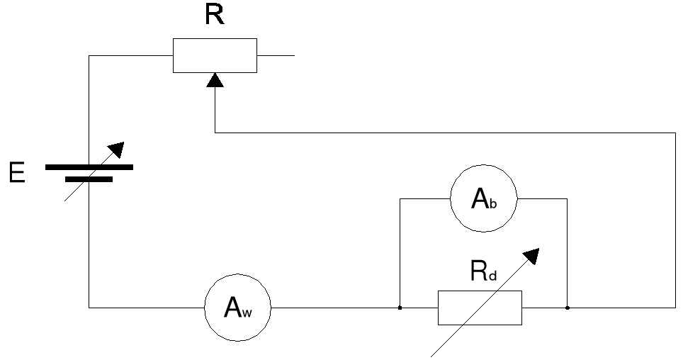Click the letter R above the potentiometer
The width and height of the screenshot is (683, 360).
tap(215, 15)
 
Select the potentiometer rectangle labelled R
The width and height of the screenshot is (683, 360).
tap(215, 55)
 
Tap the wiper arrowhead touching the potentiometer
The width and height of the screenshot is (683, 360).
tap(215, 80)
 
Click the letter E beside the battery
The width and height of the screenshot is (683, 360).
tap(16, 173)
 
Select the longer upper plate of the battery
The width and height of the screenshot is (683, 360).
tap(89, 167)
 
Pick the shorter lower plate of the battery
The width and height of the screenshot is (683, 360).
tap(89, 179)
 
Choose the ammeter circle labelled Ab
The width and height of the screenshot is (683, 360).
tap(484, 199)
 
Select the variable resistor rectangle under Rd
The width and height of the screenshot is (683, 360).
tap(480, 308)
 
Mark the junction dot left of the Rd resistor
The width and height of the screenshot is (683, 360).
tap(400, 308)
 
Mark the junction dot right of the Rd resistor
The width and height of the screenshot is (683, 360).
tap(568, 308)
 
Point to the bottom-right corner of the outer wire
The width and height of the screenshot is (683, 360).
tap(674, 308)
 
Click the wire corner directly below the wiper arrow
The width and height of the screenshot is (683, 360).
tap(215, 133)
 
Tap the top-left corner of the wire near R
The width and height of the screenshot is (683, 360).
tap(89, 55)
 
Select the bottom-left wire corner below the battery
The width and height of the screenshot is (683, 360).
tap(89, 308)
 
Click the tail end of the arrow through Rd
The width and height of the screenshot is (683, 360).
tap(432, 354)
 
